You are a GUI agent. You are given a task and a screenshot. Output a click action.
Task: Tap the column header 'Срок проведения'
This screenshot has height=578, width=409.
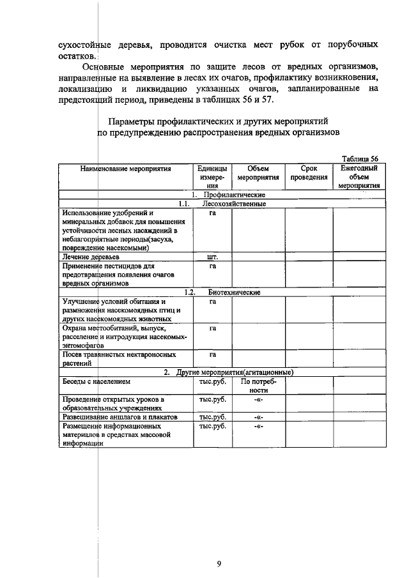(x=309, y=173)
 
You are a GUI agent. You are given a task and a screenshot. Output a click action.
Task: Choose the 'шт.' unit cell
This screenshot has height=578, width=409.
(x=213, y=257)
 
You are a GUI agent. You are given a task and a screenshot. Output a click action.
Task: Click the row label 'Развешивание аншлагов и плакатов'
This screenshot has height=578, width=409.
(x=119, y=416)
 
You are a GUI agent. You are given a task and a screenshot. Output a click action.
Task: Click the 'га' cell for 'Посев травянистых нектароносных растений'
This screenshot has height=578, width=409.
(x=213, y=354)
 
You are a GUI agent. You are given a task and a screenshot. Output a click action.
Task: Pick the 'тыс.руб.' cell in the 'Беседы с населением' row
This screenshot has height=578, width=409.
(x=213, y=381)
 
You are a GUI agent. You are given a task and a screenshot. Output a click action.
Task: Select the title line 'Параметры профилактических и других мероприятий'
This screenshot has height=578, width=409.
(x=218, y=121)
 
